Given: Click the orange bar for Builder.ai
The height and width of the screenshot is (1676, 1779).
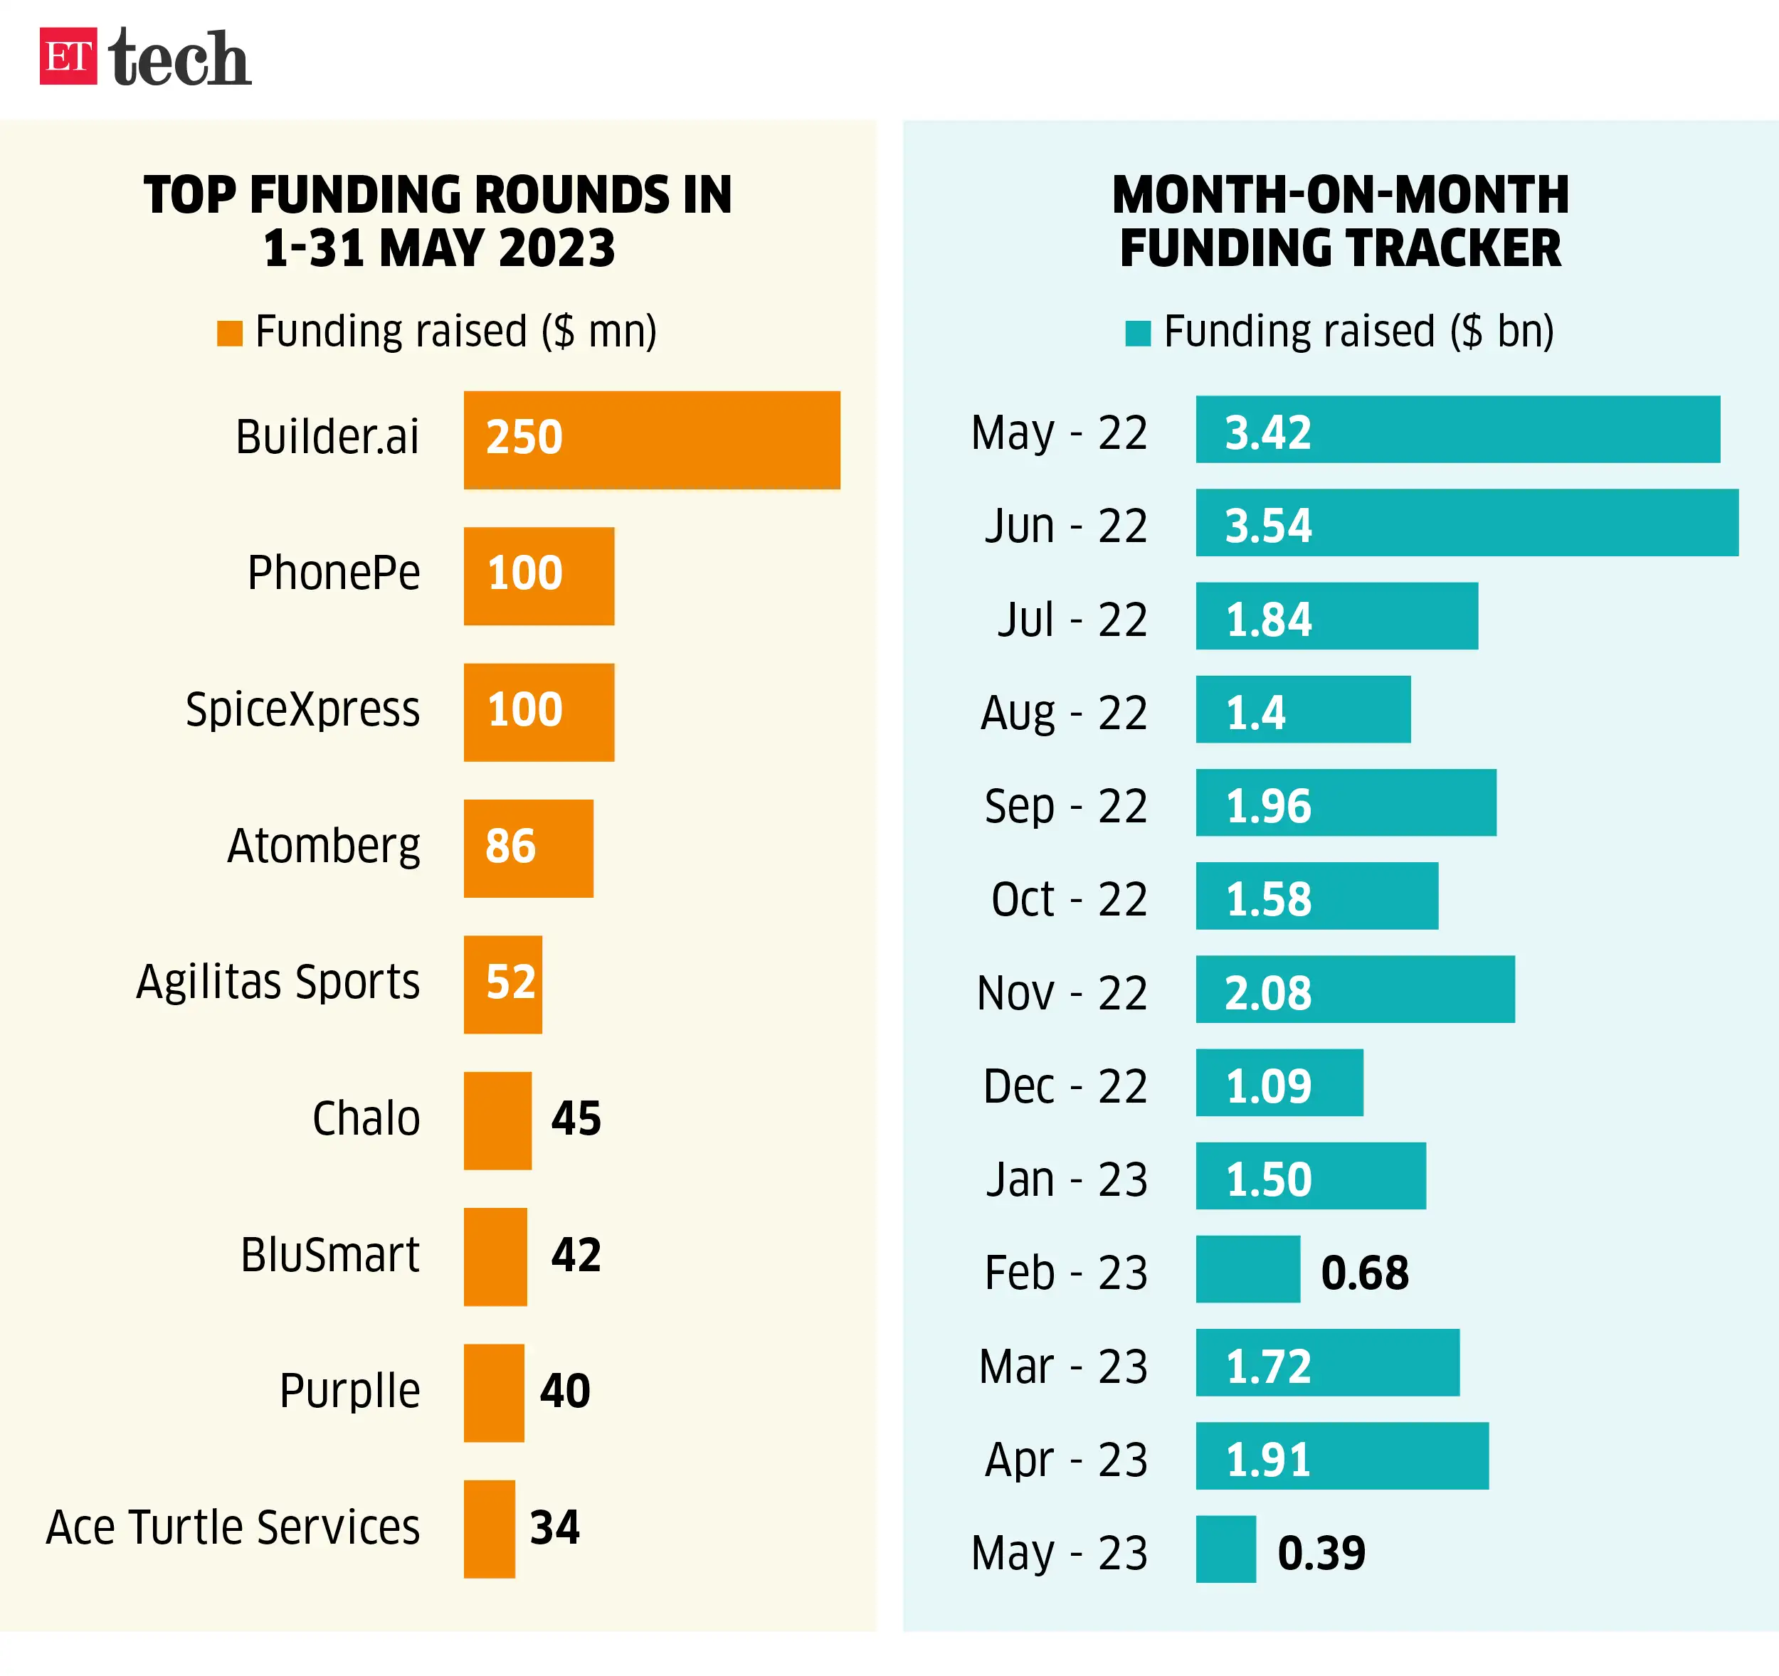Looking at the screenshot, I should [651, 440].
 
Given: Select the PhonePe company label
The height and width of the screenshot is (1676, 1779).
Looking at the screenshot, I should [333, 573].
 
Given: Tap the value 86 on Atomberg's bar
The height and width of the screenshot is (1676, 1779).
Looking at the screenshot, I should [510, 846].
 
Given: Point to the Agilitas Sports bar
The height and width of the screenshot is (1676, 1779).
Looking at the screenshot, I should [502, 985].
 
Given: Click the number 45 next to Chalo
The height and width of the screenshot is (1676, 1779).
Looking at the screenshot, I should [576, 1118].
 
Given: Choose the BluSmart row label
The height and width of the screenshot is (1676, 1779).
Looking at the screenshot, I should [329, 1255].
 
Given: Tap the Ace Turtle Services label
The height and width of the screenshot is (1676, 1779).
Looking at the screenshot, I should [233, 1527].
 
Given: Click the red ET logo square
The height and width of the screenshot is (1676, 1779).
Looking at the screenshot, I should [68, 56].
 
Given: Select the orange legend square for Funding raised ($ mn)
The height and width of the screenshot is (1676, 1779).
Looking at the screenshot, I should [230, 333].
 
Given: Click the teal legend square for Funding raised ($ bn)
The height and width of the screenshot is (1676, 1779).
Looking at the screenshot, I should [1137, 333].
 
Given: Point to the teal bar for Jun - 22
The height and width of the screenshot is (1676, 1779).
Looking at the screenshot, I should [1467, 523].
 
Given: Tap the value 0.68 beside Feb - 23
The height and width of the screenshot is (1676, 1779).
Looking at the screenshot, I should [1363, 1273].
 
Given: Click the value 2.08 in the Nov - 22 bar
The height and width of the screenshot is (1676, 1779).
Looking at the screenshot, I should [1267, 992].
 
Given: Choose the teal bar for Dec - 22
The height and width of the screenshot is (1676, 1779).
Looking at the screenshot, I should [1279, 1082].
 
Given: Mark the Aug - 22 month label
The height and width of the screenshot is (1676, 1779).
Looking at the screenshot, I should [1063, 714].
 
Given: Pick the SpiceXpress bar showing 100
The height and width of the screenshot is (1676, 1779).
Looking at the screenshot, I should [539, 712].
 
